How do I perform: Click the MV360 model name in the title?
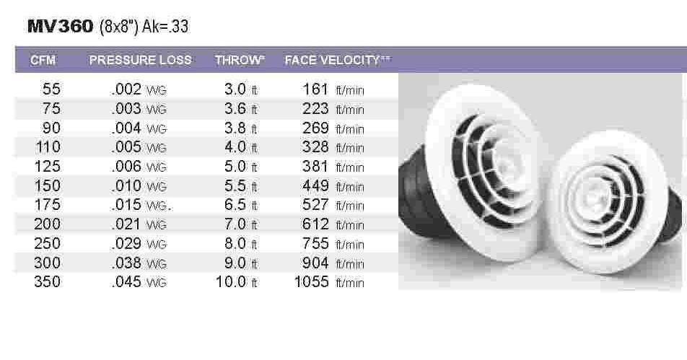coord(60,27)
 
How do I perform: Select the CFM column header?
coord(43,60)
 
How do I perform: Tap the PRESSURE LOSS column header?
coord(141,60)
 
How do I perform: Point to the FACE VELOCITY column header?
coord(333,60)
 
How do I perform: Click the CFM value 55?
coord(52,90)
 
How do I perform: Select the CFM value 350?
coord(48,282)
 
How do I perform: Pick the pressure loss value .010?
coord(127,186)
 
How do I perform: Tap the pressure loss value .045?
coord(127,282)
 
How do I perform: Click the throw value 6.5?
coord(236,206)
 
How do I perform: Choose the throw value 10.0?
coord(231,282)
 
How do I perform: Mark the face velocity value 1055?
coord(312,282)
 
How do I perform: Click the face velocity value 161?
coord(316,90)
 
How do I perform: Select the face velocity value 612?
coord(316,224)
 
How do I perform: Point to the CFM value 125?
coord(48,167)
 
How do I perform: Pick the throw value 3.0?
coord(236,90)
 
